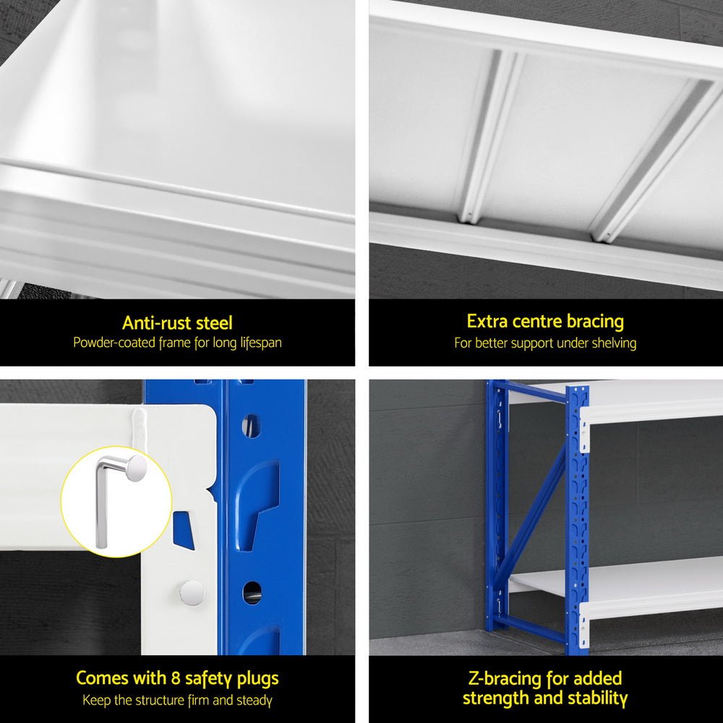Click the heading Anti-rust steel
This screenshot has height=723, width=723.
point(177,322)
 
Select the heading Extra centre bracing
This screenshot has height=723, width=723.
point(545,321)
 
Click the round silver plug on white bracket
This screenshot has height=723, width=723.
point(192,592)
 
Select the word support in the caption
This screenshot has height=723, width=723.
point(531,343)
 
